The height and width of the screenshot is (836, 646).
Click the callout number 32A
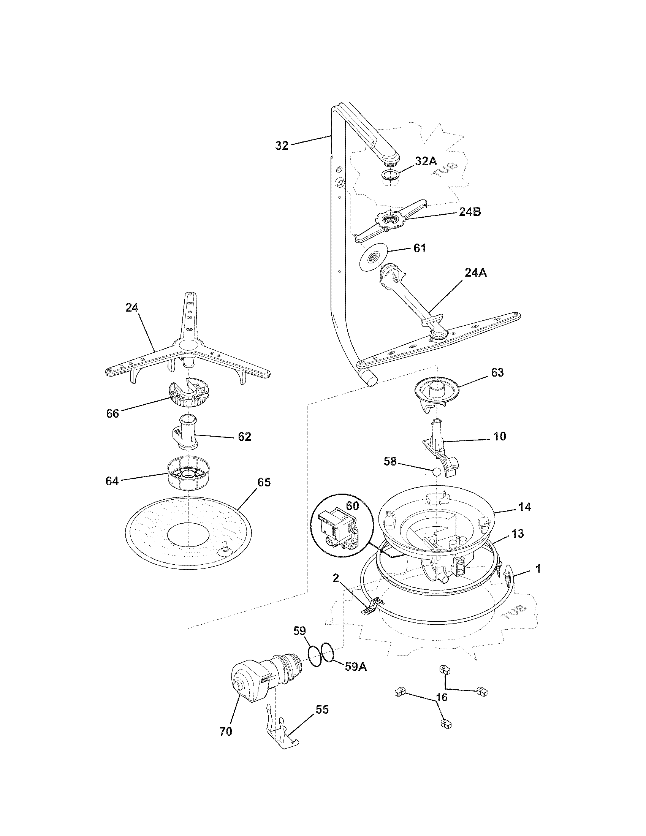[426, 161]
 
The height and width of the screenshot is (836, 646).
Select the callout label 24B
[470, 212]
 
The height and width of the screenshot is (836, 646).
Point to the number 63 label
[497, 372]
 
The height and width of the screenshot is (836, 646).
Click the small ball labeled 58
[437, 472]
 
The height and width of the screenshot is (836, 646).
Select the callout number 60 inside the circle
[352, 506]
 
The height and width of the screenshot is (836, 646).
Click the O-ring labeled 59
[315, 657]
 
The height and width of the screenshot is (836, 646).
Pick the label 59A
[356, 667]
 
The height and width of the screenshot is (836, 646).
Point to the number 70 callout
[226, 731]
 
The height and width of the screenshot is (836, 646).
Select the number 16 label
[441, 697]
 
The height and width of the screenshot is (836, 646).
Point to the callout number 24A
[476, 272]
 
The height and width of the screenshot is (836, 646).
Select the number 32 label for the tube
[282, 146]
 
